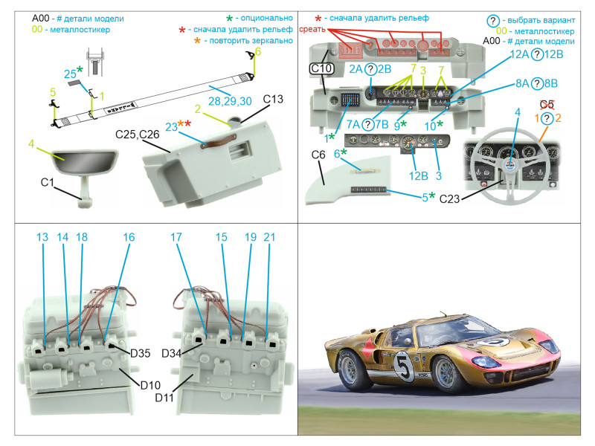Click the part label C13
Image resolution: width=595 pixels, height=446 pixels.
274,100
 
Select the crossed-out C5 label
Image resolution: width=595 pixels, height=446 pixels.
547,104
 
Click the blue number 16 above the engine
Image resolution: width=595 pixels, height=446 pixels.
129,237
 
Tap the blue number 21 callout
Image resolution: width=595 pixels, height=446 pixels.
269,237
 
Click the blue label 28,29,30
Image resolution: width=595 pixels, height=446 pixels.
230,100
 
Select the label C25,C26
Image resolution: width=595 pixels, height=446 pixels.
138,136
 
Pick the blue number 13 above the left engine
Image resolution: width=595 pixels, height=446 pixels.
42,237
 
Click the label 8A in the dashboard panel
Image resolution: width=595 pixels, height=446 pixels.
523,84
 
